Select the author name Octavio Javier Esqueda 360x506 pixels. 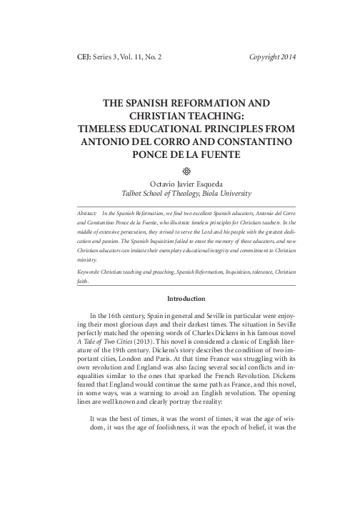tap(179, 182)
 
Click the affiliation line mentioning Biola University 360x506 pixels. tap(179, 193)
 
